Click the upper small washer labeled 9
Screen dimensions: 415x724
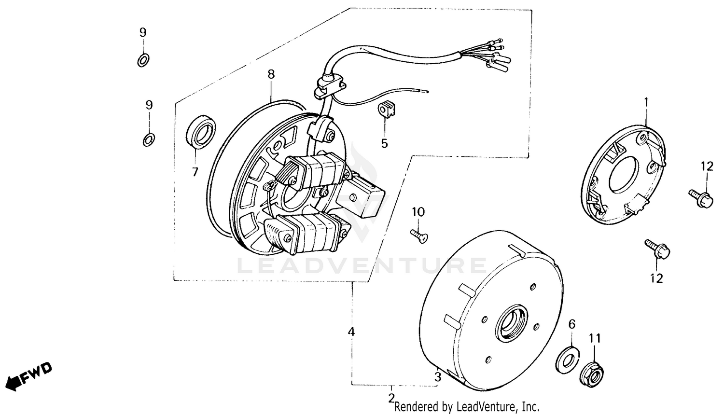pyautogui.click(x=143, y=60)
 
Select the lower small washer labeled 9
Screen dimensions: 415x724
pyautogui.click(x=149, y=140)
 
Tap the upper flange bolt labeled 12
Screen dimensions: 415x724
pyautogui.click(x=702, y=198)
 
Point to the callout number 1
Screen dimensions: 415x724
pyautogui.click(x=646, y=102)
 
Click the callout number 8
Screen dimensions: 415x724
pyautogui.click(x=271, y=74)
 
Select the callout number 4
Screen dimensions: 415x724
pyautogui.click(x=351, y=332)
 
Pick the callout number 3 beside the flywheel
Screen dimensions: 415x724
pyautogui.click(x=437, y=377)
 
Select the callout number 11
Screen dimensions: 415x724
pyautogui.click(x=595, y=339)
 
